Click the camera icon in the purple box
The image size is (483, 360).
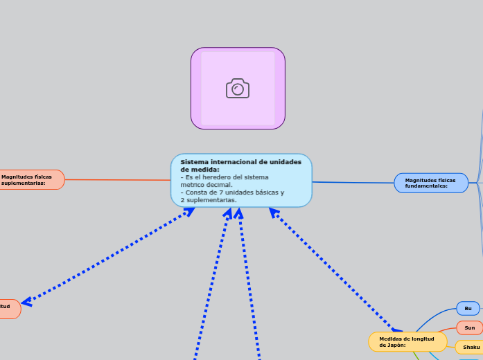238,89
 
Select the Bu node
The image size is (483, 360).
468,308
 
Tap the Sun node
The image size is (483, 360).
469,327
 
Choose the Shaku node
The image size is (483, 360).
471,347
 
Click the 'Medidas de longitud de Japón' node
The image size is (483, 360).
407,341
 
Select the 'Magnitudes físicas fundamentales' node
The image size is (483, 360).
431,183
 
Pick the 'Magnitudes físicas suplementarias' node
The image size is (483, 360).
31,180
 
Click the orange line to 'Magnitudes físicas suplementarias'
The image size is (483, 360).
118,180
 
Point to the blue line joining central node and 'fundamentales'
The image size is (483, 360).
353,183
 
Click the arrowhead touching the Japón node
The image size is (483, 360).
397,329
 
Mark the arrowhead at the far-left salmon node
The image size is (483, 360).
27,301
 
